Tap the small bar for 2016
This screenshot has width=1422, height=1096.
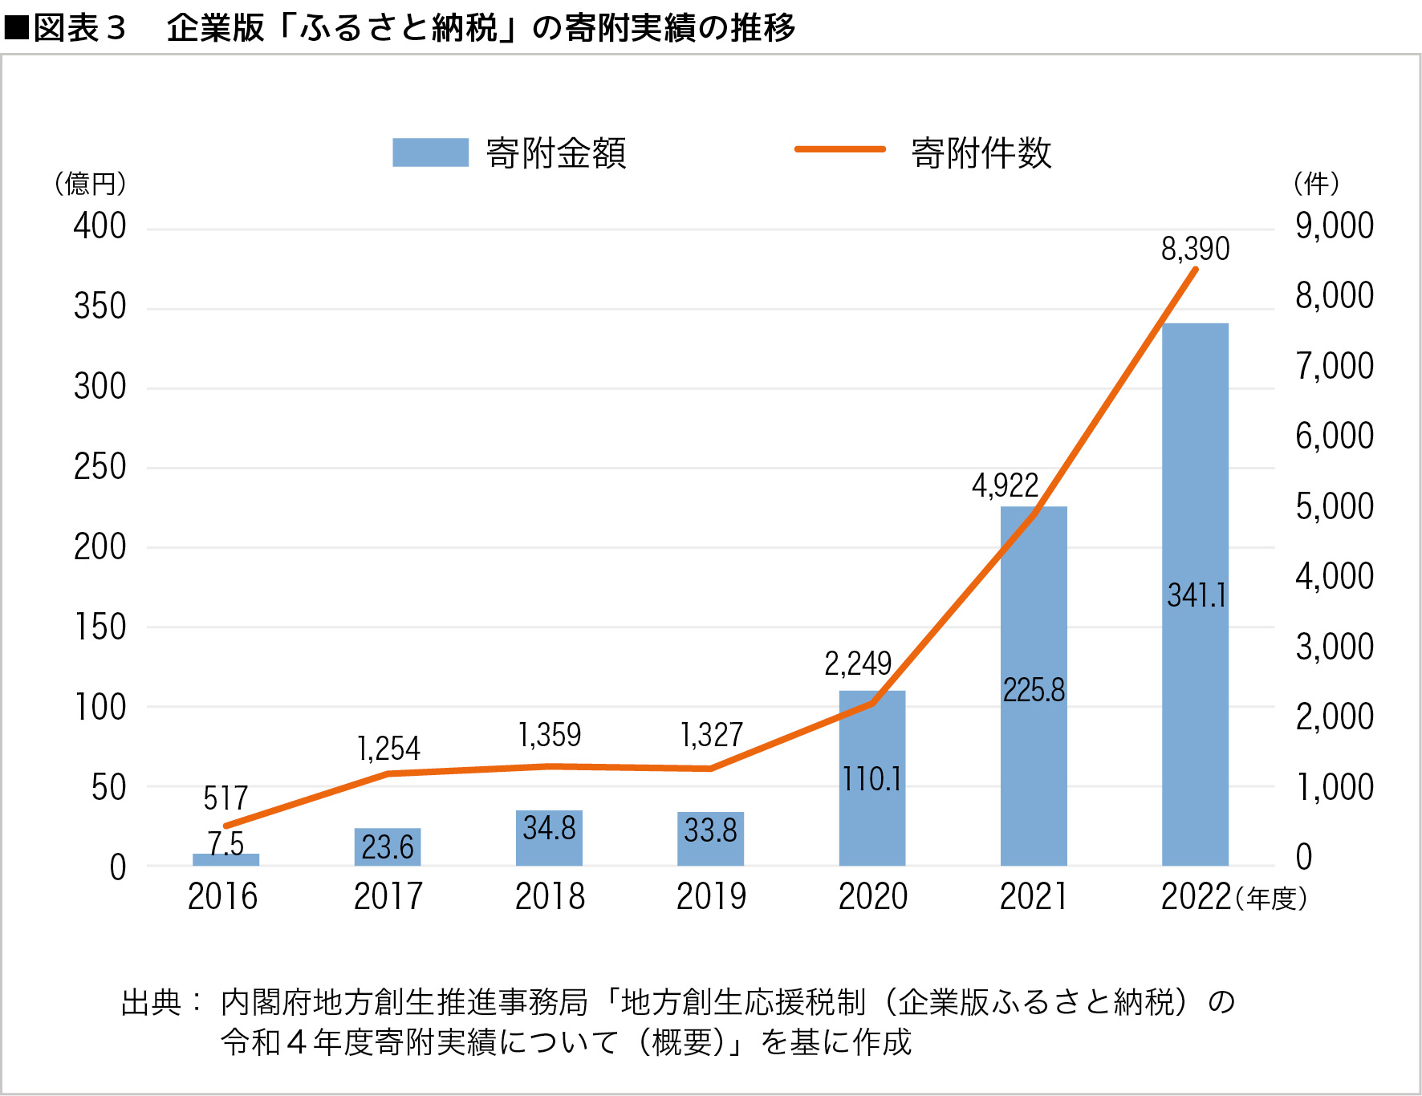tap(225, 859)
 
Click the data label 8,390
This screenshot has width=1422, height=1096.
tap(1195, 249)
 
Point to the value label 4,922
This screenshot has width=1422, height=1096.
tap(1005, 485)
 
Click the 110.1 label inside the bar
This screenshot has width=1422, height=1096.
tap(871, 779)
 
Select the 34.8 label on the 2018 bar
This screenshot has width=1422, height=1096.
tap(549, 828)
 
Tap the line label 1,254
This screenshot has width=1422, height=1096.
tap(388, 749)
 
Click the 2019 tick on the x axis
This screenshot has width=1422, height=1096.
tap(711, 896)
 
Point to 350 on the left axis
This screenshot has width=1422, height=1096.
tap(100, 306)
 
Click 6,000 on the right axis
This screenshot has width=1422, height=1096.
tap(1334, 436)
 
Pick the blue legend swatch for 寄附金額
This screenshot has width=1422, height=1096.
tap(430, 152)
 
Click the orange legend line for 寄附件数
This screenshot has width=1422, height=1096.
tap(839, 149)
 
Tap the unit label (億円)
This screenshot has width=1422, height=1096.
tap(90, 184)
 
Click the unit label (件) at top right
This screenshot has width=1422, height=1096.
tap(1316, 184)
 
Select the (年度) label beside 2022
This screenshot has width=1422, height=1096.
tap(1271, 899)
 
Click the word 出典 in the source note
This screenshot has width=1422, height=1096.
tap(151, 1002)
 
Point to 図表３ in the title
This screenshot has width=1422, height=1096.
tap(80, 28)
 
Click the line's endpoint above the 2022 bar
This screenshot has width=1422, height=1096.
tap(1196, 270)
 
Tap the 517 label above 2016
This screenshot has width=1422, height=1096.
tap(225, 798)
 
